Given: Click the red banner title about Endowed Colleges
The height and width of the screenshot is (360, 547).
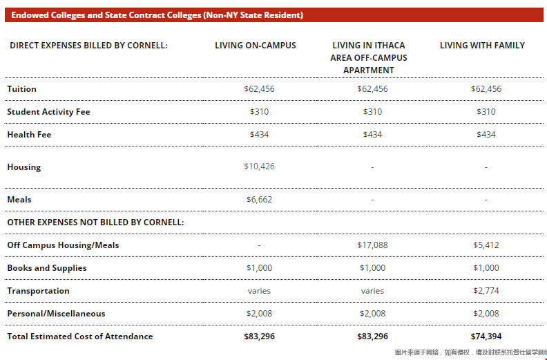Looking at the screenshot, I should (157, 15).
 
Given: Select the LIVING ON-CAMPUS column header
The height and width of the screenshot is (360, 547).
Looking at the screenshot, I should (255, 46).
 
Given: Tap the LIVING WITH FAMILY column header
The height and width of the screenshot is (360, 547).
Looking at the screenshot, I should (482, 46).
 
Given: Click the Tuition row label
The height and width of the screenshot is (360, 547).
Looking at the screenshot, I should (21, 89).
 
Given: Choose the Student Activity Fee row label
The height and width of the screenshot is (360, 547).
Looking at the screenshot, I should (48, 112).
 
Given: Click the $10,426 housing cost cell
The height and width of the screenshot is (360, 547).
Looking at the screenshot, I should (259, 167).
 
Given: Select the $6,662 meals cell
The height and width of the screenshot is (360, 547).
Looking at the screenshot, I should (259, 200).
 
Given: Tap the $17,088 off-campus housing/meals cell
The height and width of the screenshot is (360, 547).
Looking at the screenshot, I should (372, 245).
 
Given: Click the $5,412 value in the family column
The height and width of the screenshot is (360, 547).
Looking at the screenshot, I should (486, 245).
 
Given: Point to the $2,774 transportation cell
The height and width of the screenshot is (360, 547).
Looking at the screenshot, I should (486, 291).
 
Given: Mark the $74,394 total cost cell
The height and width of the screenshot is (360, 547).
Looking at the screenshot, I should (486, 337).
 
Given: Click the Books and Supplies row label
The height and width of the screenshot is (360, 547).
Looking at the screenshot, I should (47, 268).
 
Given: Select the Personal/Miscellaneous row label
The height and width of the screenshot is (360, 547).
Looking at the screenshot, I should (56, 314).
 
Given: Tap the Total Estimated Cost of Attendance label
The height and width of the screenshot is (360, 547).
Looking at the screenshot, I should (79, 337).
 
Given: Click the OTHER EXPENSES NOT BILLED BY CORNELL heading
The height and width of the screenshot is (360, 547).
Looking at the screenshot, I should (95, 222).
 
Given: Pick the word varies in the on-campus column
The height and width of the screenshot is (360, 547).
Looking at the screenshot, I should (259, 291).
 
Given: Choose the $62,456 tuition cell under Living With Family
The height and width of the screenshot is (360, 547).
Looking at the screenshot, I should (486, 89).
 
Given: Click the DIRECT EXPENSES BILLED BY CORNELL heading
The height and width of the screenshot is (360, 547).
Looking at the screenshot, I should (88, 46).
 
